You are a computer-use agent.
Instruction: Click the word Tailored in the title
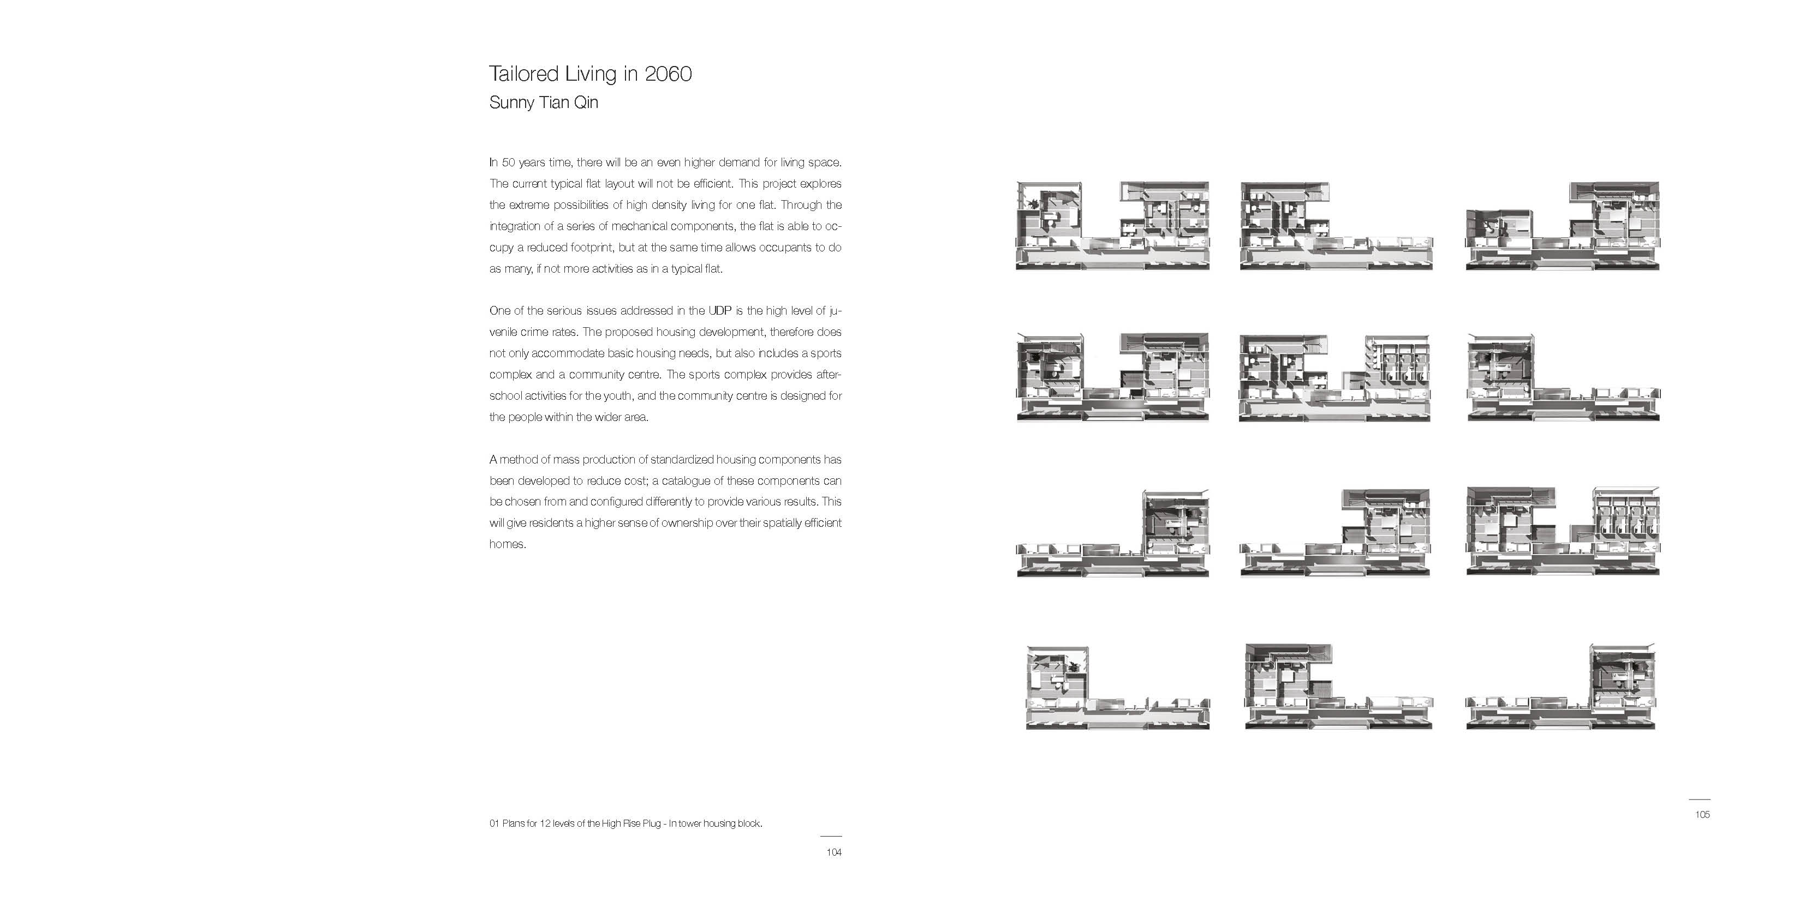coord(523,74)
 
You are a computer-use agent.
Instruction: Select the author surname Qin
coord(586,103)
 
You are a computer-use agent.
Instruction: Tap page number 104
coord(833,852)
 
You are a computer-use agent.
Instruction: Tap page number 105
coord(1702,814)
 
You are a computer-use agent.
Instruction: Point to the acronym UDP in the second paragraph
coord(719,311)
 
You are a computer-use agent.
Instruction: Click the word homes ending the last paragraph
coord(506,544)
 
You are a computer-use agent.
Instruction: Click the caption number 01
coord(494,823)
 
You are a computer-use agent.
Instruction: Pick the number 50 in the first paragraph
coord(509,163)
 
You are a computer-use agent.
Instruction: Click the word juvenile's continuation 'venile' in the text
coord(504,332)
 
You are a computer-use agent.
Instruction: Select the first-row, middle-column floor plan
coord(1336,226)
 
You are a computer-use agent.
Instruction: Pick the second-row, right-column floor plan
coord(1563,378)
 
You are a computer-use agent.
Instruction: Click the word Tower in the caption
coord(692,823)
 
